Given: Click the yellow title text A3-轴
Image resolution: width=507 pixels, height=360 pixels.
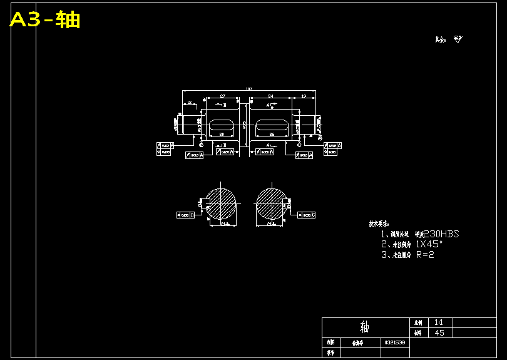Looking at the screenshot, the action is click(x=45, y=20).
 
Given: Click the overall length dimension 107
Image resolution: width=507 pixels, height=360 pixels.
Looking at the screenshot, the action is click(x=248, y=90).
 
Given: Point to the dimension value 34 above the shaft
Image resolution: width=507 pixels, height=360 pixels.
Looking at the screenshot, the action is click(x=270, y=96).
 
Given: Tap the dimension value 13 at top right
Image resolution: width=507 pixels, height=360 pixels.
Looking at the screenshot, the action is click(x=304, y=96).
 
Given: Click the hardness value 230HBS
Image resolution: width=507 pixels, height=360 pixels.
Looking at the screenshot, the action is click(x=441, y=234).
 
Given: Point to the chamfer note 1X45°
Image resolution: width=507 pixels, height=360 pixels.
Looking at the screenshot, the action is click(x=429, y=244).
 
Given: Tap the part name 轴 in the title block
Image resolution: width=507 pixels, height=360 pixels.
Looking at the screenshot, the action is click(x=365, y=327).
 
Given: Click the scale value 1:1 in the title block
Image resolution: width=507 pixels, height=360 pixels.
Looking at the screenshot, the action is click(x=438, y=322).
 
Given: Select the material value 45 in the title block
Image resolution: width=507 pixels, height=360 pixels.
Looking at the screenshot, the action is click(x=439, y=332).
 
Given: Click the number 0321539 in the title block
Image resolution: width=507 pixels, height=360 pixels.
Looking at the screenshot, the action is click(x=394, y=342).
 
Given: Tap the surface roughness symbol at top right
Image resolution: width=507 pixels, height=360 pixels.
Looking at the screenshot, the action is click(x=457, y=39).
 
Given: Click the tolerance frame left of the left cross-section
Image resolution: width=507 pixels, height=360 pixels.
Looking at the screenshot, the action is click(x=185, y=215).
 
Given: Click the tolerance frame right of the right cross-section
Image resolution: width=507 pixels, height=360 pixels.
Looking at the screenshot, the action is click(x=307, y=215).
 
